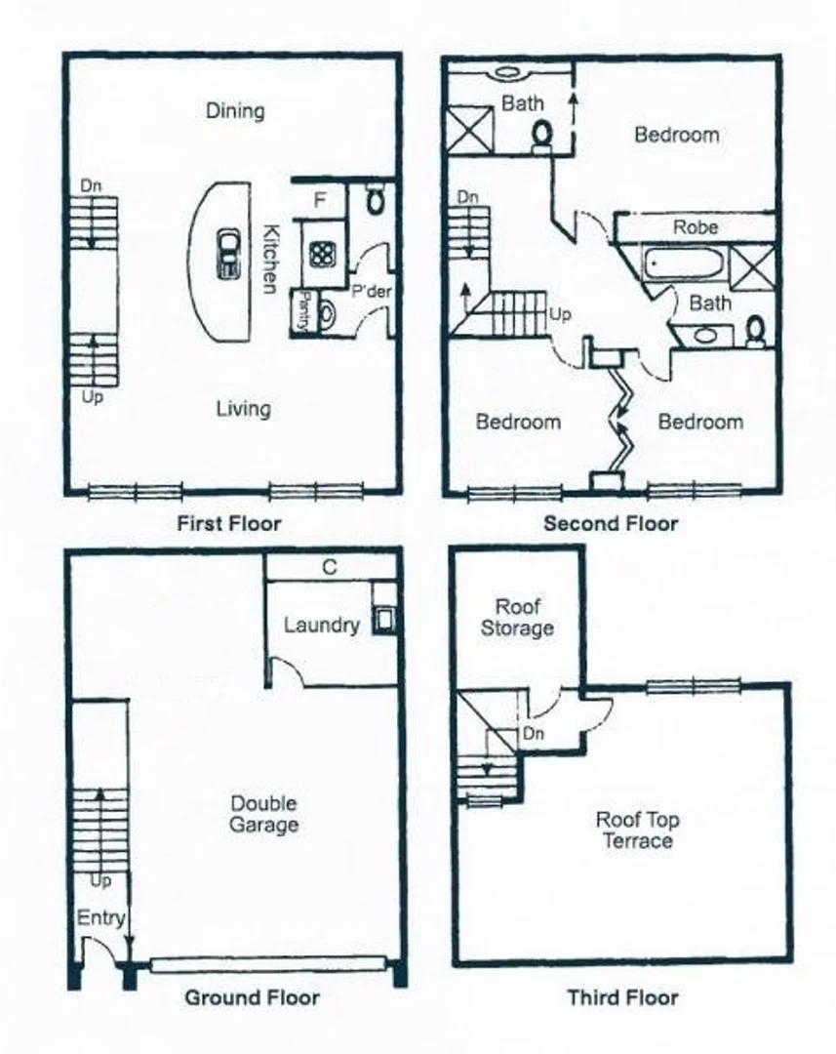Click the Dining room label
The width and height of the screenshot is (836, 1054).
235,110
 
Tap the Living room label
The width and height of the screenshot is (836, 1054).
243,408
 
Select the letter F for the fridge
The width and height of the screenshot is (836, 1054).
319,202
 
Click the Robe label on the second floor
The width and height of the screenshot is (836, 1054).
697,226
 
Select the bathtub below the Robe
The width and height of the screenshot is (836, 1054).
683,263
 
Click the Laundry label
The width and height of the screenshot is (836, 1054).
321,625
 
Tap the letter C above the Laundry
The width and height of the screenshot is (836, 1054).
330,567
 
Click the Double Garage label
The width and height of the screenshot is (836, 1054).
263,814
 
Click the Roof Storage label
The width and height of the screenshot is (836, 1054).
517,617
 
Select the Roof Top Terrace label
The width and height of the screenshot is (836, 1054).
637,831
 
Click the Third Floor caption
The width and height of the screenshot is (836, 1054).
622,997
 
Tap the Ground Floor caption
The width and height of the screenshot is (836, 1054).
252,997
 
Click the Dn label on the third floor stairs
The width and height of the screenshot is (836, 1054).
534,732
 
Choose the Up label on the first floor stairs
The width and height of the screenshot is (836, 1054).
93,397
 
